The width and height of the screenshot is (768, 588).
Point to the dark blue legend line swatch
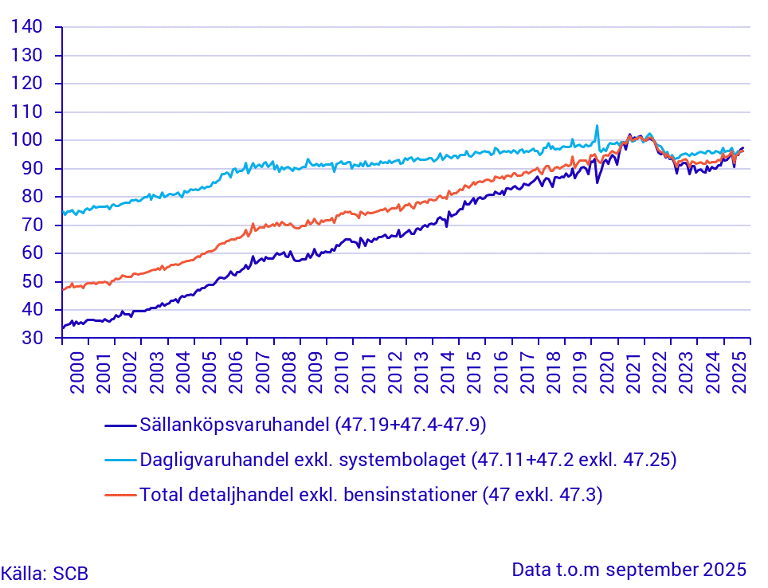pyautogui.click(x=120, y=425)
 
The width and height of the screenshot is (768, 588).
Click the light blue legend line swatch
pyautogui.click(x=120, y=460)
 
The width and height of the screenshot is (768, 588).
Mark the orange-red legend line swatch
pyautogui.click(x=120, y=495)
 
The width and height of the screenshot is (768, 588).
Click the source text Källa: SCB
pyautogui.click(x=45, y=573)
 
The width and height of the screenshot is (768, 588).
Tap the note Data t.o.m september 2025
pyautogui.click(x=629, y=570)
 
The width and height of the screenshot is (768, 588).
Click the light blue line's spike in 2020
pyautogui.click(x=597, y=126)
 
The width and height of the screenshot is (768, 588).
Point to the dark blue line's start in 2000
pyautogui.click(x=63, y=327)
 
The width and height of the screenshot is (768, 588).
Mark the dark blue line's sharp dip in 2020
pyautogui.click(x=597, y=182)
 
